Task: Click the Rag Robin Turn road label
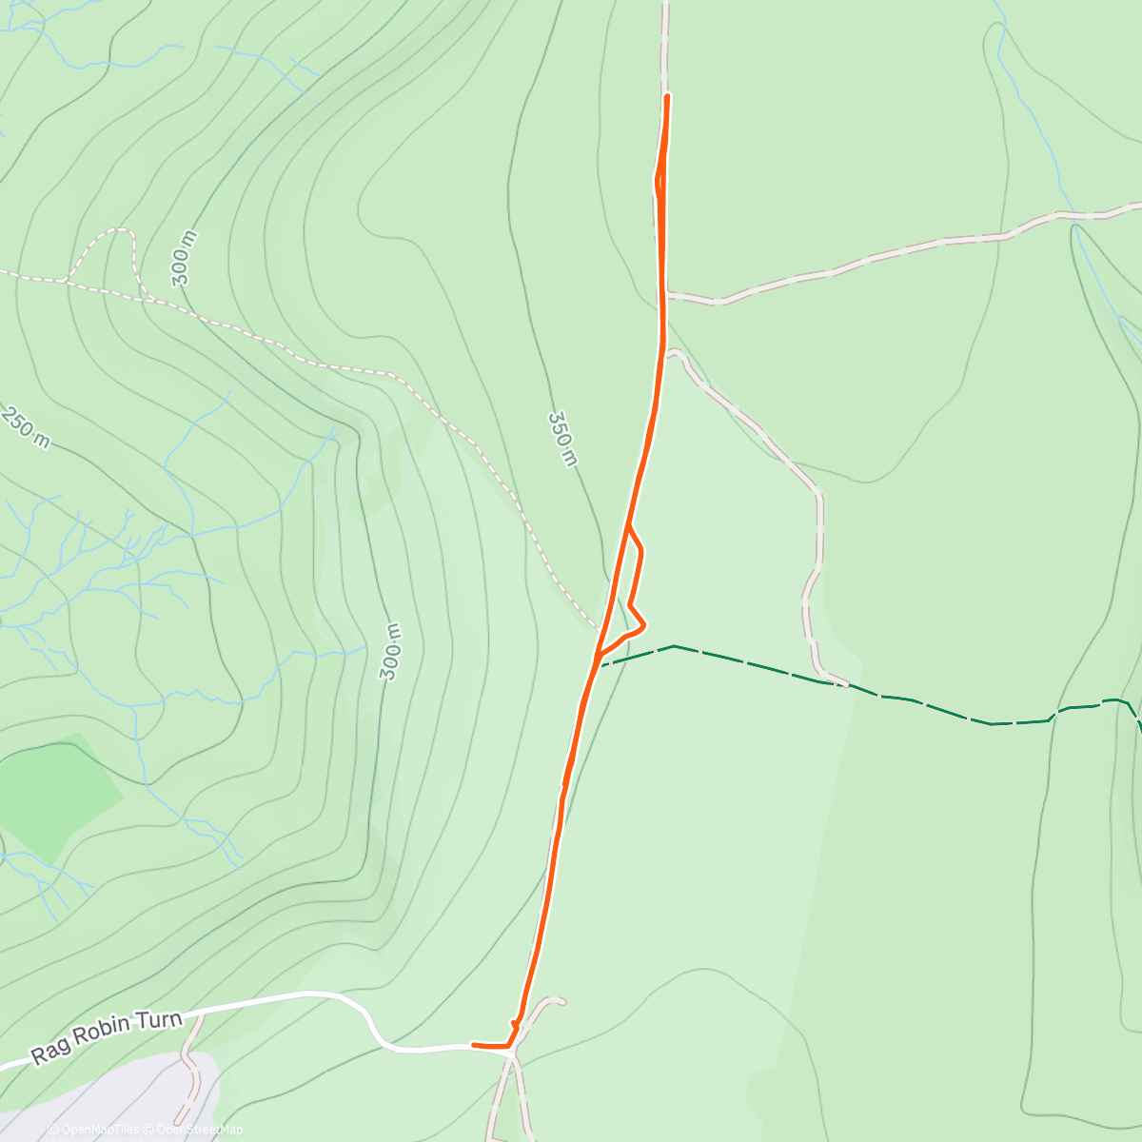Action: pyautogui.click(x=106, y=1038)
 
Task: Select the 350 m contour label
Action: pyautogui.click(x=562, y=439)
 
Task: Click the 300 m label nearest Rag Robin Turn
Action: pyautogui.click(x=389, y=652)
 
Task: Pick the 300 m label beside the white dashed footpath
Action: pyautogui.click(x=185, y=258)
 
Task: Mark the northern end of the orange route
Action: pyautogui.click(x=667, y=96)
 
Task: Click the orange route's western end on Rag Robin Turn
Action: pyautogui.click(x=473, y=1045)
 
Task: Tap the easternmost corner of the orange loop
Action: pyautogui.click(x=645, y=624)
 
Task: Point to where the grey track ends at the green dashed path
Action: pyautogui.click(x=844, y=682)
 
